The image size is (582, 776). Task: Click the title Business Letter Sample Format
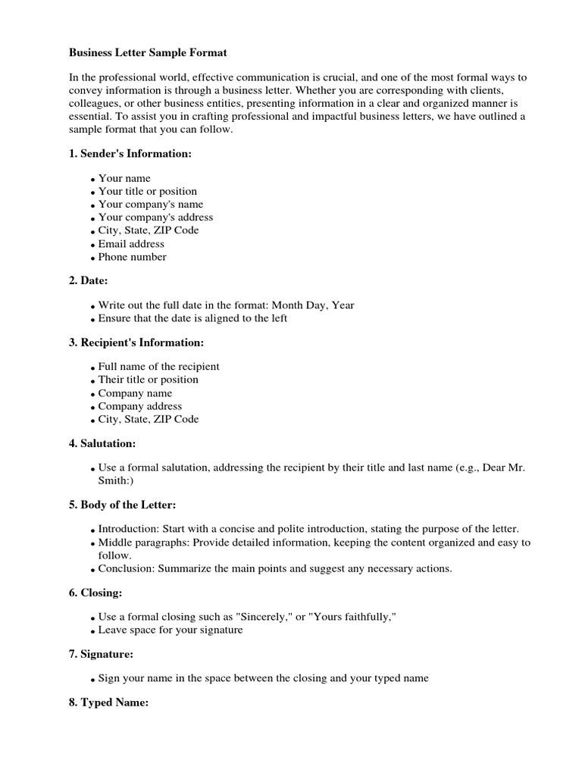tap(148, 53)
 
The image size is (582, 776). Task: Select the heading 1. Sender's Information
tap(130, 154)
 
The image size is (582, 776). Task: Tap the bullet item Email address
tap(131, 244)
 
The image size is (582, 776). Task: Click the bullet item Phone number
tap(133, 257)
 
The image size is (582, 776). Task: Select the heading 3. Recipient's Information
tap(136, 343)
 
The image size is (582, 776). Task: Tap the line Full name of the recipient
tap(158, 367)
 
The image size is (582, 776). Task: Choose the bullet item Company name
tap(135, 393)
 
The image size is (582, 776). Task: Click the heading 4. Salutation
tap(102, 443)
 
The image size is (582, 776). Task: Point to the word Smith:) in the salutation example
tap(119, 480)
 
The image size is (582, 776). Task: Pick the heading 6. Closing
tap(95, 593)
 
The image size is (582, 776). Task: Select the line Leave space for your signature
tap(171, 630)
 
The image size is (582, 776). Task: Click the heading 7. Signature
tap(101, 653)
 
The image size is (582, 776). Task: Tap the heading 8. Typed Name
tap(108, 702)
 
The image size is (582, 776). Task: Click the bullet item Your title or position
tap(147, 191)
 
